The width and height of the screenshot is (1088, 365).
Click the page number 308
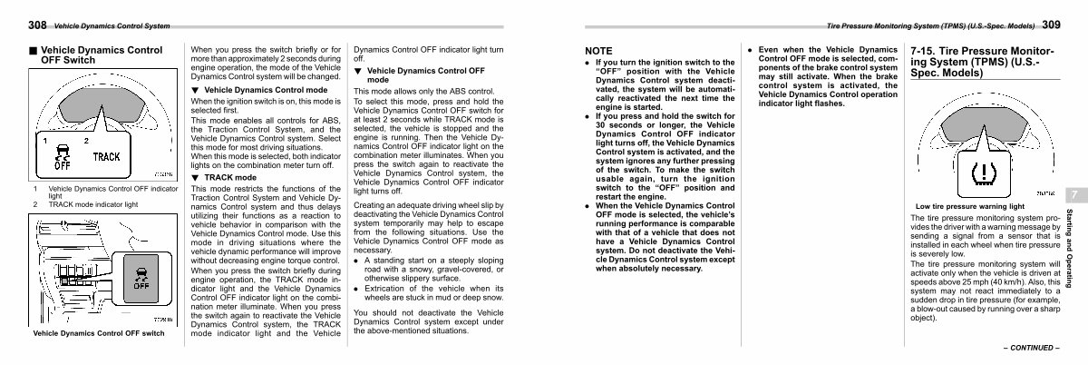tap(14, 24)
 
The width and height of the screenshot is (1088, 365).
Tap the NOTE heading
tap(600, 50)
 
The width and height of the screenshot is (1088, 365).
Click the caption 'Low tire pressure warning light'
tap(969, 206)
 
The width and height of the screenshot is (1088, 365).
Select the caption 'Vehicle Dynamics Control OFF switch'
tap(98, 334)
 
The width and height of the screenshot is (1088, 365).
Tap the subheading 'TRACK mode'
tap(225, 178)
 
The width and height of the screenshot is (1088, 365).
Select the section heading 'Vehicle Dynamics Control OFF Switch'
tap(96, 54)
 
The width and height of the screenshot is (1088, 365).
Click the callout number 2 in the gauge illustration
tap(87, 140)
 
